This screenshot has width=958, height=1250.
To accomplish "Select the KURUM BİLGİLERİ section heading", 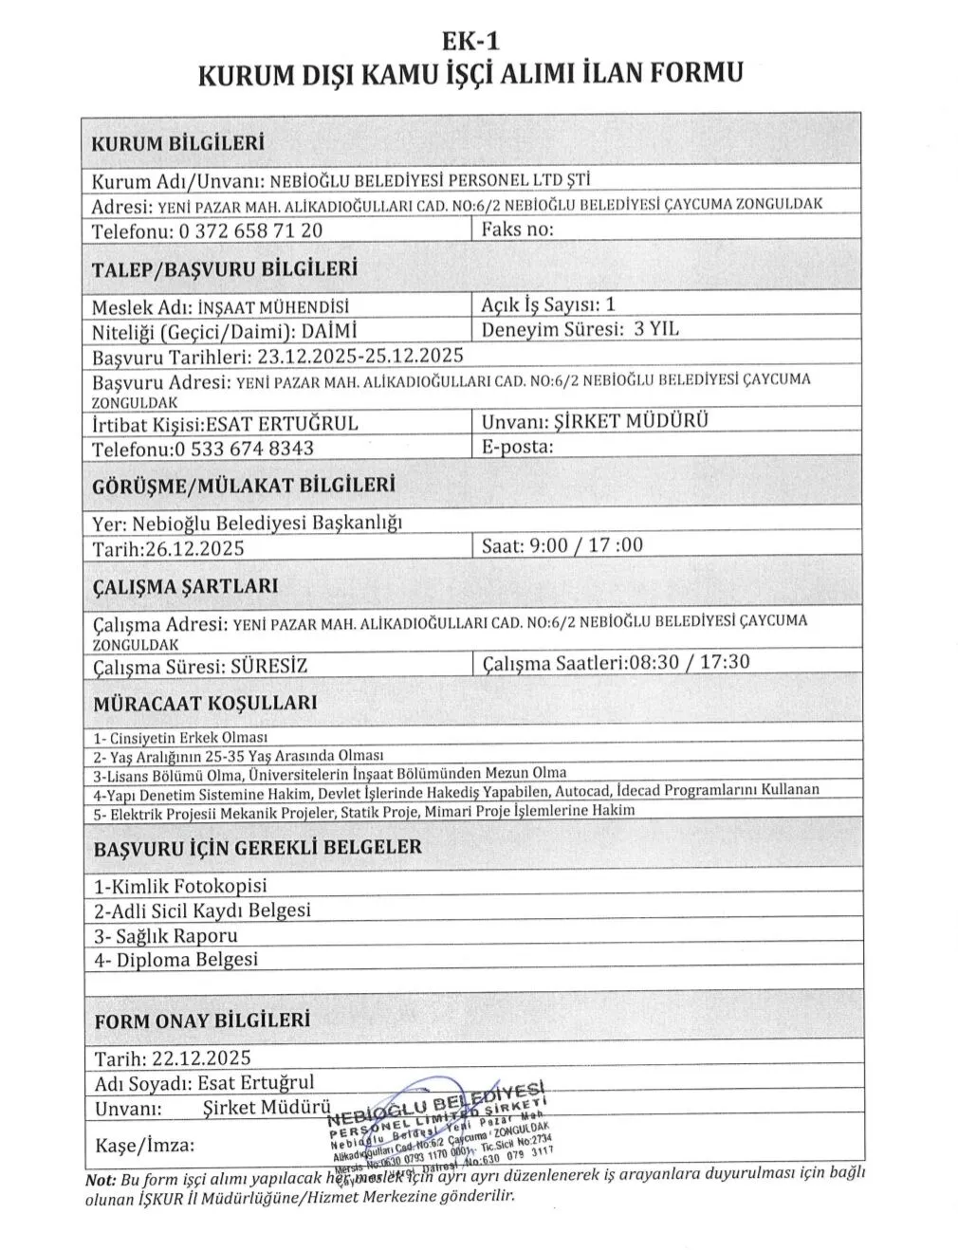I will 176,144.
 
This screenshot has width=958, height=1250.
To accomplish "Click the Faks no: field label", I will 517,229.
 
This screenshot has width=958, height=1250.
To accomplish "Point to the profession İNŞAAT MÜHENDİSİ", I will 272,307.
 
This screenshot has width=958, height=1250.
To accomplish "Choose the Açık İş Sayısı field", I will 548,304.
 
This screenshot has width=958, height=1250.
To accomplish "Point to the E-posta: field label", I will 517,447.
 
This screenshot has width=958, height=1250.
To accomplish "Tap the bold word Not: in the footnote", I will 100,1181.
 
